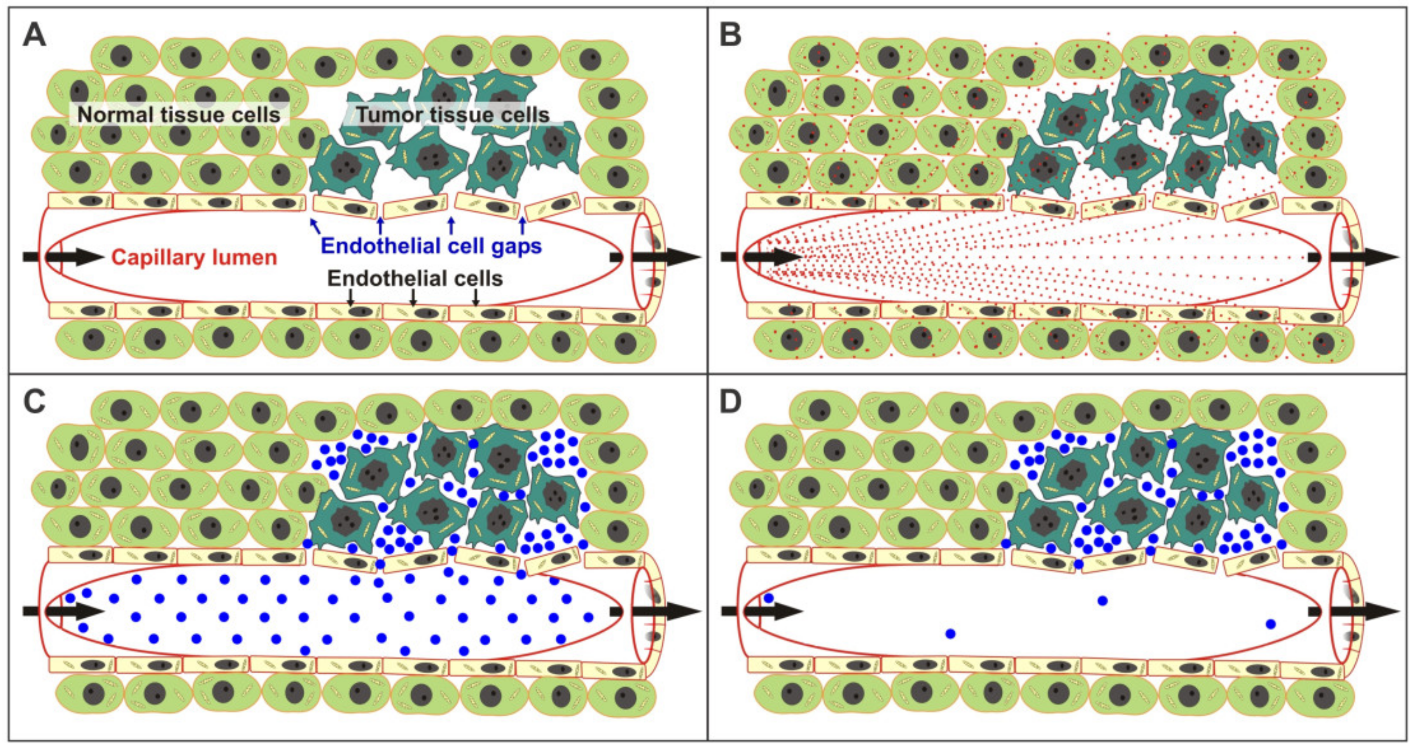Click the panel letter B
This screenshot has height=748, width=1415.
(x=730, y=36)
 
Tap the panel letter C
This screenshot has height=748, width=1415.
(x=35, y=403)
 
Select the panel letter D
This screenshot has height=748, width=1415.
(x=730, y=403)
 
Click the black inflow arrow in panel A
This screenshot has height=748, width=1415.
(x=63, y=257)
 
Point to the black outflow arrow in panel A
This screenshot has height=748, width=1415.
(x=657, y=257)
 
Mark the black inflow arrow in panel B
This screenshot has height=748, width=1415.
(x=761, y=257)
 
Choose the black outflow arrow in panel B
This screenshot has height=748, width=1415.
(x=1354, y=257)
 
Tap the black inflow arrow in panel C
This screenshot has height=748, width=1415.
(x=63, y=611)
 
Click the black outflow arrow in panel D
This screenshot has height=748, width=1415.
(x=1354, y=611)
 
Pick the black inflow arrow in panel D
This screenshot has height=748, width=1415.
(x=761, y=611)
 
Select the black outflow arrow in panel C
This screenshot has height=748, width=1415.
(x=657, y=611)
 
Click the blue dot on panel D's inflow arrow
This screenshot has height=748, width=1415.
(x=769, y=598)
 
